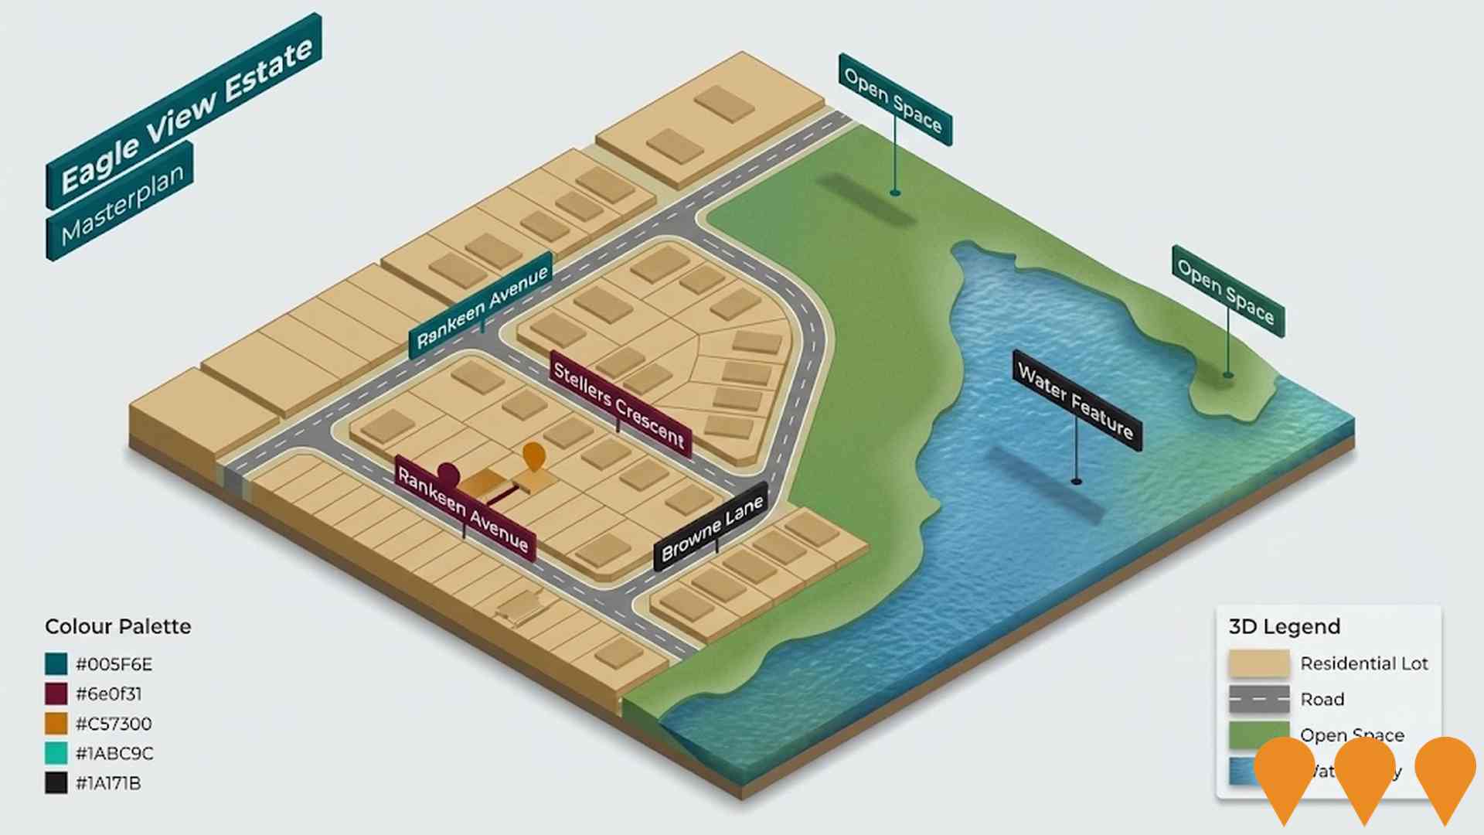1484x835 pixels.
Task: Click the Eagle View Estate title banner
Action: point(184,111)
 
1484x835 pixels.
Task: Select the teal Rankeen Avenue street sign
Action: point(481,305)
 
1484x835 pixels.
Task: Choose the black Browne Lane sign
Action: point(712,527)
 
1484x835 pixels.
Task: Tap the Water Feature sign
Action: point(1076,400)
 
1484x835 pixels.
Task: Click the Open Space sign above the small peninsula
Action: point(1228,291)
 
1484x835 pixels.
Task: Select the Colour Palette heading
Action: point(117,626)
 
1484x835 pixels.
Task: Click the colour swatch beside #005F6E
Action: point(56,664)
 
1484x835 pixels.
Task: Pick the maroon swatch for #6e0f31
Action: point(56,694)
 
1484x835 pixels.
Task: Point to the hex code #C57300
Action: point(114,724)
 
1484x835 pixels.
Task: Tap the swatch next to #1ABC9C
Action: point(56,753)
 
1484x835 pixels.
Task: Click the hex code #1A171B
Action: point(108,783)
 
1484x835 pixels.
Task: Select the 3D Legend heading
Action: point(1284,626)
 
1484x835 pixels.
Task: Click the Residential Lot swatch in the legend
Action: point(1258,663)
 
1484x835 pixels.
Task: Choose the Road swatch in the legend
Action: point(1258,699)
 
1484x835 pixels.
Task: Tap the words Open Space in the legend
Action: point(1352,734)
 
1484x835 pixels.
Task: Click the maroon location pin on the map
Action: point(448,472)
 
